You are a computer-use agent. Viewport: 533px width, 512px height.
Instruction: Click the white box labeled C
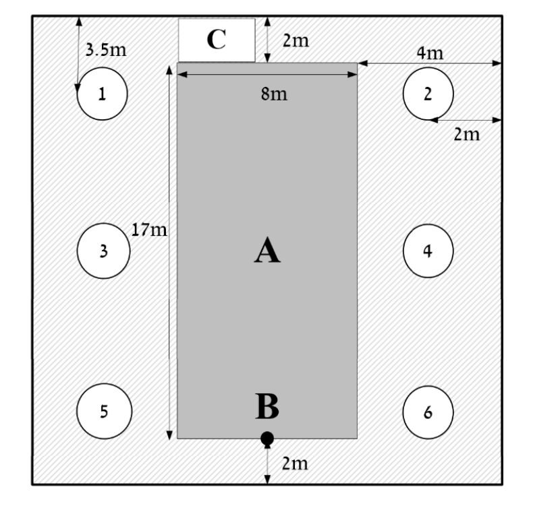pyautogui.click(x=217, y=40)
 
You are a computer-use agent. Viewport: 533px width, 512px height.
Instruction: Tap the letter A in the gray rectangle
pyautogui.click(x=267, y=250)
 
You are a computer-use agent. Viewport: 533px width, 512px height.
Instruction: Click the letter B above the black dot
pyautogui.click(x=267, y=406)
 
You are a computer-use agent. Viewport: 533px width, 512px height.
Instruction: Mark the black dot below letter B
pyautogui.click(x=267, y=439)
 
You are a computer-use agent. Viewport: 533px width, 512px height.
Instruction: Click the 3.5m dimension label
pyautogui.click(x=106, y=50)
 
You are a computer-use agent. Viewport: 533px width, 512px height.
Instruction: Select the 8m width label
pyautogui.click(x=274, y=94)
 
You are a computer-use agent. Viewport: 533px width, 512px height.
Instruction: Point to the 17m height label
pyautogui.click(x=149, y=230)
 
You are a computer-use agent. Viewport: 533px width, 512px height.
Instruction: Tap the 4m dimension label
pyautogui.click(x=430, y=53)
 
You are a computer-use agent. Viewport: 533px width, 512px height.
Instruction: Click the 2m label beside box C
pyautogui.click(x=296, y=40)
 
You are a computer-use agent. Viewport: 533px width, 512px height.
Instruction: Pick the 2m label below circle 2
pyautogui.click(x=467, y=134)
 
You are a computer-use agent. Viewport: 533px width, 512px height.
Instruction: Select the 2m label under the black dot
pyautogui.click(x=295, y=463)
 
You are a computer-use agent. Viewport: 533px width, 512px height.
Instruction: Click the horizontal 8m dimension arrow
pyautogui.click(x=267, y=74)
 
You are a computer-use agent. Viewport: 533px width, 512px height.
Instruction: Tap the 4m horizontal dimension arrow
pyautogui.click(x=430, y=63)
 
